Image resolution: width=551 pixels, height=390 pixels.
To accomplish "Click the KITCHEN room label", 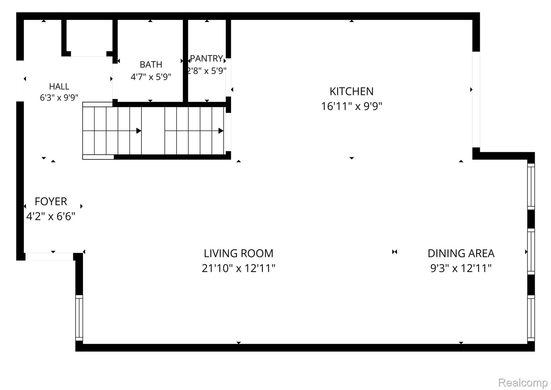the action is pos(351,92).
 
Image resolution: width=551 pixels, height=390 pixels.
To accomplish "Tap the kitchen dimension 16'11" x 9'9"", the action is pos(351,106).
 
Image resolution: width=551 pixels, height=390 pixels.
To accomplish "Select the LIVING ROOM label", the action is pos(238,253).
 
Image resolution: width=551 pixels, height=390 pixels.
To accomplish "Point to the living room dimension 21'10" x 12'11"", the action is pos(238,268).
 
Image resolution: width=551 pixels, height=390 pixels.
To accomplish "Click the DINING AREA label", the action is pos(461,253).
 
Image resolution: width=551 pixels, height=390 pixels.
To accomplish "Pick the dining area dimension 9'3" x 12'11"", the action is pos(461,268).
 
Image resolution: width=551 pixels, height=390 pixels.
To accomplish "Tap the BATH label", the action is pos(151,65).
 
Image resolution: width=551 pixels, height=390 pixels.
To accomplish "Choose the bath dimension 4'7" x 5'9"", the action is pos(151,77).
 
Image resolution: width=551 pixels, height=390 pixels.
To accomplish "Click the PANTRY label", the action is pos(207,58).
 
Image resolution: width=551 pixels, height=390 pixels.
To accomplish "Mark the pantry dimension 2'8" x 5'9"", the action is pos(207,71).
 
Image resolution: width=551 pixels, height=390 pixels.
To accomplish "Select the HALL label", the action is pos(59,86).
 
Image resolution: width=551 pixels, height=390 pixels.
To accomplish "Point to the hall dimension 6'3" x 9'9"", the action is pos(59,97).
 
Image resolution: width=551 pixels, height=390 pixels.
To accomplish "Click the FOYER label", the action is pos(51,201).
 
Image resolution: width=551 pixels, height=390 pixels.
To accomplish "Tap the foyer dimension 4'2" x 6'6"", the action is pos(51,216).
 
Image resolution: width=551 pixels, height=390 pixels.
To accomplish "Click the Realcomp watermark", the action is pos(523,382).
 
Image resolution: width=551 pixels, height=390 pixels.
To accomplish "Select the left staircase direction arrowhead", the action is pos(139,131).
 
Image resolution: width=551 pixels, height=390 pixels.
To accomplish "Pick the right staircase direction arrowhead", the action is pos(221,131).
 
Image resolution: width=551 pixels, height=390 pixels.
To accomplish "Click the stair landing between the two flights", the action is pos(153,131).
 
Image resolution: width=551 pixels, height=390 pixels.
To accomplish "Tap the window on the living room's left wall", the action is pos(79,318).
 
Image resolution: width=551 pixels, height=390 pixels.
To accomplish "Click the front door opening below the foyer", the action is pos(49,257).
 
